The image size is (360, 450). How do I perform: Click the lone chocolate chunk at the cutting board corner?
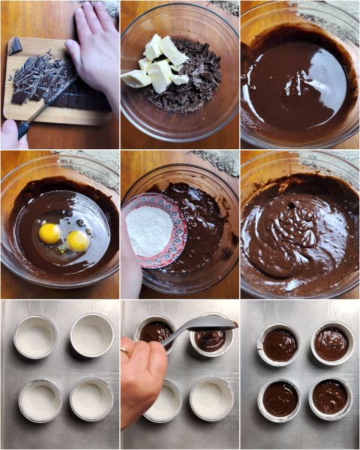(x=15, y=46)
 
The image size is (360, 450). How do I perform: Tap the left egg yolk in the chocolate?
(x=49, y=233)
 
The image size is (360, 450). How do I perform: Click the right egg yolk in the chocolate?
(x=77, y=240)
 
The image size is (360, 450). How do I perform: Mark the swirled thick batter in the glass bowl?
(x=300, y=232)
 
